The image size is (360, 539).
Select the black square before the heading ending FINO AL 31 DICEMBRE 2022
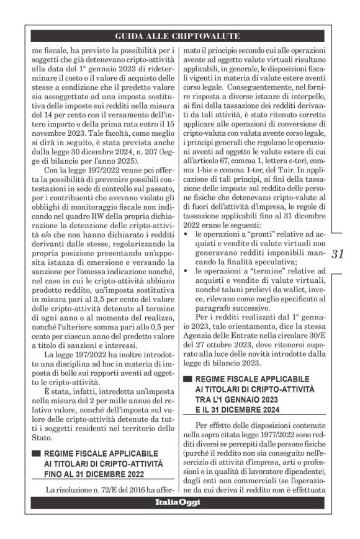pos(36,453)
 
